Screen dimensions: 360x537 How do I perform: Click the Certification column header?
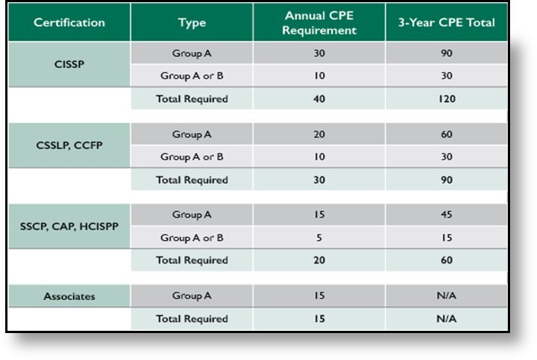pyautogui.click(x=70, y=22)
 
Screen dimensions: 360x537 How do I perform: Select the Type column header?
pyautogui.click(x=191, y=22)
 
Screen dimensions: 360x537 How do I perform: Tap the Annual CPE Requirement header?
pyautogui.click(x=319, y=22)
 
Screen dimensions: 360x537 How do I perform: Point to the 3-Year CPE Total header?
pyautogui.click(x=446, y=22)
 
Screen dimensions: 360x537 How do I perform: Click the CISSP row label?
pyautogui.click(x=70, y=64)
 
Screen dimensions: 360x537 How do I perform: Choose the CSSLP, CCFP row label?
pyautogui.click(x=70, y=145)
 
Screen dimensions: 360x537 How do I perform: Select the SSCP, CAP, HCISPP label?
pyautogui.click(x=70, y=226)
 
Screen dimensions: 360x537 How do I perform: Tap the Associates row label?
pyautogui.click(x=70, y=296)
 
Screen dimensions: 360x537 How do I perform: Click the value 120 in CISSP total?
pyautogui.click(x=446, y=99)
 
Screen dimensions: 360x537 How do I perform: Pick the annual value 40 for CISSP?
pyautogui.click(x=319, y=99)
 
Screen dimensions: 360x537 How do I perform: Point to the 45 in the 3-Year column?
pyautogui.click(x=446, y=215)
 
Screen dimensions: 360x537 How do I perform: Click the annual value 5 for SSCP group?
pyautogui.click(x=319, y=238)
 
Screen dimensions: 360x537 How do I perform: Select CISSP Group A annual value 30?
pyautogui.click(x=319, y=53)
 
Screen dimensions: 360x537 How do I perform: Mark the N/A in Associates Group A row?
pyautogui.click(x=446, y=296)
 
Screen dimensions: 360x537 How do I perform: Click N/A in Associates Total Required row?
pyautogui.click(x=446, y=319)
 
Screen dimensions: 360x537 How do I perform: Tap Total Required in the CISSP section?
pyautogui.click(x=191, y=99)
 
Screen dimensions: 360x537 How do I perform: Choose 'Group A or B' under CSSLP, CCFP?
pyautogui.click(x=191, y=157)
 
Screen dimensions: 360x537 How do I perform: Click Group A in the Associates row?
pyautogui.click(x=191, y=296)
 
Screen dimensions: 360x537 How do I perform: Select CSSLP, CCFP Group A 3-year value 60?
pyautogui.click(x=446, y=134)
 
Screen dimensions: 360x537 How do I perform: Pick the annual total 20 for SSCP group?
pyautogui.click(x=319, y=260)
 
